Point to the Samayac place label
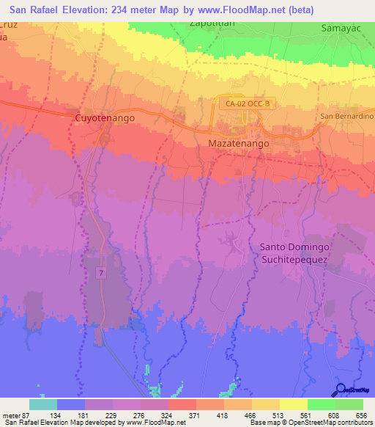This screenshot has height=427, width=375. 341,29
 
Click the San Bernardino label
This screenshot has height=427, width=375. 347,117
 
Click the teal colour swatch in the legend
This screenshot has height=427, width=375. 43,404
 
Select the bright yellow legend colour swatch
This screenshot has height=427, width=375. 294,404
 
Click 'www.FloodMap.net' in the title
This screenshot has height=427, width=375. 249,10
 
